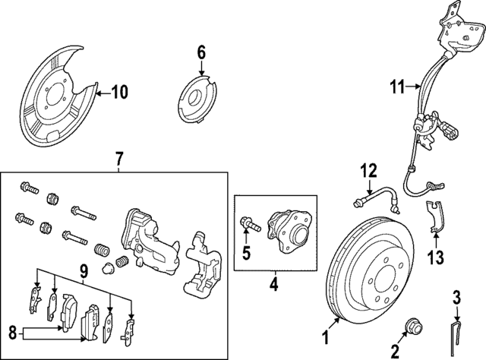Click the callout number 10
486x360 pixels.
point(119,93)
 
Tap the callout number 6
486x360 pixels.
point(201,52)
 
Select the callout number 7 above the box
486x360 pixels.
point(119,159)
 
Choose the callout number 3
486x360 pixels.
point(456,295)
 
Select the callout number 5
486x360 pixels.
point(245,252)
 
